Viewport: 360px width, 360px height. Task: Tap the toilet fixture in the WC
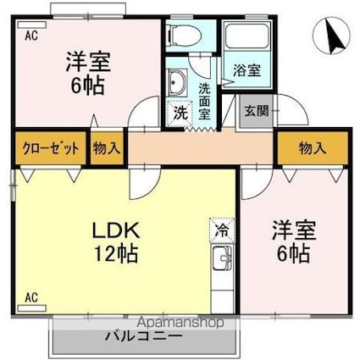coord(182,35)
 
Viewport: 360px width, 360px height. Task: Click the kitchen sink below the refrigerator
coord(223,258)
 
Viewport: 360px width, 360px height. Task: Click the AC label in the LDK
coord(30,297)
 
